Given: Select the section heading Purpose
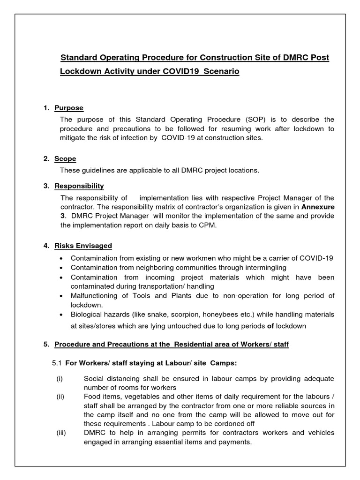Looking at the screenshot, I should pyautogui.click(x=68, y=108).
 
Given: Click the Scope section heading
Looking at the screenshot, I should pyautogui.click(x=65, y=158).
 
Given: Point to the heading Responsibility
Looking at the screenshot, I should pyautogui.click(x=79, y=186).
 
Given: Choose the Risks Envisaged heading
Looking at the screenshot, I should pyautogui.click(x=83, y=246).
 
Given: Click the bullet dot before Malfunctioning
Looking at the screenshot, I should pyautogui.click(x=62, y=296).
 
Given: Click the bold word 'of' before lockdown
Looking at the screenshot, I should pyautogui.click(x=270, y=326).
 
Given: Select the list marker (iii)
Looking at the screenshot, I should pyautogui.click(x=61, y=433).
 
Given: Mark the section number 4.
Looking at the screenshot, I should pyautogui.click(x=46, y=246).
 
